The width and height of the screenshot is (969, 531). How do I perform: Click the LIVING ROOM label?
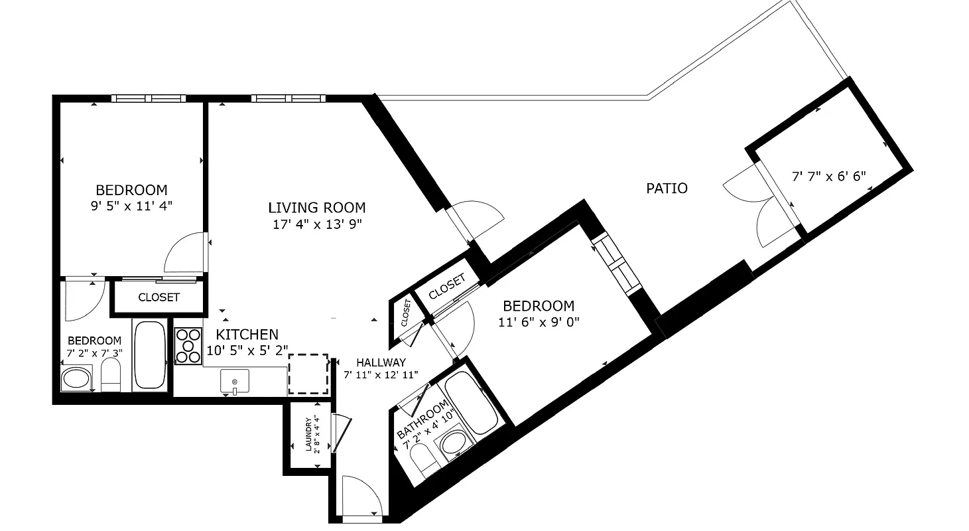317,207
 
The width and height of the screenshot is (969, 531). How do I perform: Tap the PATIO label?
667,189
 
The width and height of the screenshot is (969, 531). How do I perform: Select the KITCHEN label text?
247,334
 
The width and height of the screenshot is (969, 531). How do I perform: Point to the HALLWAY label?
381,362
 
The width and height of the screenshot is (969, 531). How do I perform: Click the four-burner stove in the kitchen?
188,346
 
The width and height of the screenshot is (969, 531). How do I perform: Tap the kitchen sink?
234,382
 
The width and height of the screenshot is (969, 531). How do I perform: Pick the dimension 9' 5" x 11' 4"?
131,206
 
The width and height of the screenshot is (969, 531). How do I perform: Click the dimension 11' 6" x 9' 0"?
539,323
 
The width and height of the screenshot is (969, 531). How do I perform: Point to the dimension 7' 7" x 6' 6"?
829,177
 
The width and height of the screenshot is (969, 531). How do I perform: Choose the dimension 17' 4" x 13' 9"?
317,224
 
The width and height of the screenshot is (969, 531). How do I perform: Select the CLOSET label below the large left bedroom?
159,297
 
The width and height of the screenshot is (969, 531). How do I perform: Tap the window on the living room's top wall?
289,98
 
